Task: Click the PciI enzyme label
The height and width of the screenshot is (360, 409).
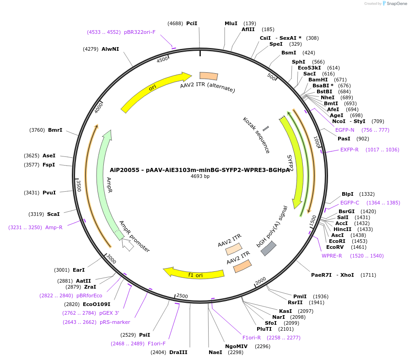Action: tap(192, 23)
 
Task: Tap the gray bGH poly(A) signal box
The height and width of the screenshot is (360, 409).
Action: tap(269, 248)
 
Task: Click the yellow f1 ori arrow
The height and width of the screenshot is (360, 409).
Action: tap(194, 273)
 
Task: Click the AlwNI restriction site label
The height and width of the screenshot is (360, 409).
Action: tap(110, 49)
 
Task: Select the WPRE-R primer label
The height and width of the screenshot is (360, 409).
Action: tap(332, 256)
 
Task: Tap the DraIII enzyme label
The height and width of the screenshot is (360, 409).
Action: tap(178, 352)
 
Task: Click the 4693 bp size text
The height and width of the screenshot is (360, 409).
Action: tap(200, 177)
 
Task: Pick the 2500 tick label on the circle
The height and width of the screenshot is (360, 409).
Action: tap(182, 296)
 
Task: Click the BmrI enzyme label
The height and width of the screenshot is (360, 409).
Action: tap(55, 130)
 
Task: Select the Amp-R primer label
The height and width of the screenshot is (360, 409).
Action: tap(54, 227)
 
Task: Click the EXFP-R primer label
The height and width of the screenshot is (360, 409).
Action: tap(350, 150)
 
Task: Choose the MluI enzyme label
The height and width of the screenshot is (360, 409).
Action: tap(231, 23)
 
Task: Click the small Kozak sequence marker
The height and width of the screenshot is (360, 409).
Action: tap(266, 129)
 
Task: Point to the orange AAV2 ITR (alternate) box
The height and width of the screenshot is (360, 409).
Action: tap(208, 76)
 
